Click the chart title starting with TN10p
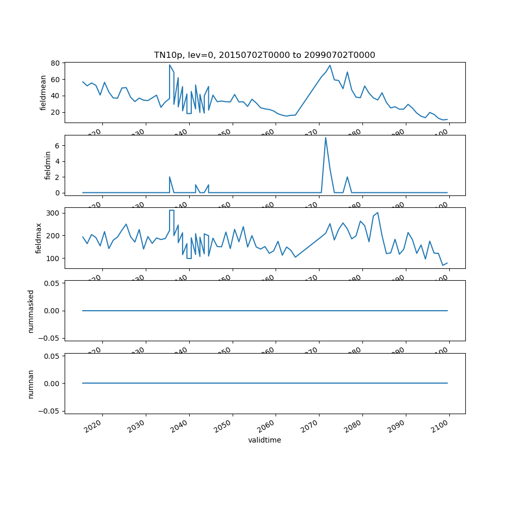click(264, 55)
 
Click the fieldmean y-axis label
click(43, 93)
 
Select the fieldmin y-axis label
click(48, 165)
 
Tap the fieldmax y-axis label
click(38, 238)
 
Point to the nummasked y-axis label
click(31, 311)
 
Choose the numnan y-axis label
click(31, 383)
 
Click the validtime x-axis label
click(264, 440)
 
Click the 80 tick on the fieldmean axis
click(56, 63)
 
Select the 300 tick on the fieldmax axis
click(54, 213)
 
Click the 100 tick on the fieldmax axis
click(54, 258)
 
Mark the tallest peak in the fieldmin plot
click(325, 138)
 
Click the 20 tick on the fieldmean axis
click(56, 112)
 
